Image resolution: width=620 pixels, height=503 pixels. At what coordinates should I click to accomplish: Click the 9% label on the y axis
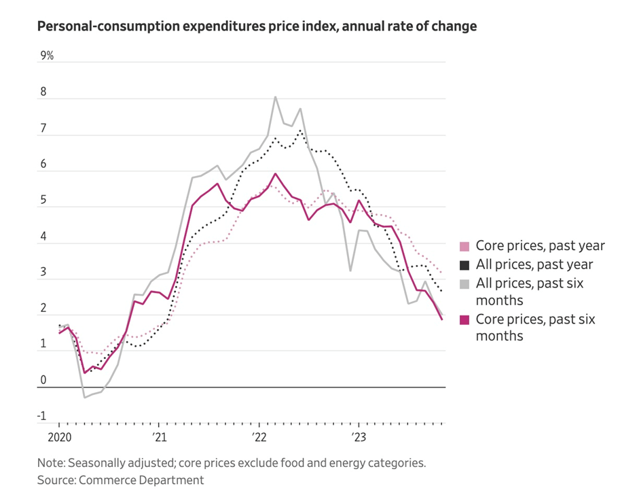point(47,56)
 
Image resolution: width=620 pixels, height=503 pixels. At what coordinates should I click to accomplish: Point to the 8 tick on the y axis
point(45,92)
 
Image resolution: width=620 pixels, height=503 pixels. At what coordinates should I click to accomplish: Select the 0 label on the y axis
point(44,380)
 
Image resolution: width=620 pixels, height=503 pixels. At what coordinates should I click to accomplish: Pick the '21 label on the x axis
point(158,436)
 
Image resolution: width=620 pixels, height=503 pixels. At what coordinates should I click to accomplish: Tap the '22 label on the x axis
point(259,436)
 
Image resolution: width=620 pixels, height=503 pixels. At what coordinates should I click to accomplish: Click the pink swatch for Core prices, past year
point(464,246)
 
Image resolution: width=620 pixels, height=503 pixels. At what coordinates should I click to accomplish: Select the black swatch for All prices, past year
point(464,264)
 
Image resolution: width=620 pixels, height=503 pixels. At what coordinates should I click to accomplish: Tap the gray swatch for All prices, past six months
point(464,283)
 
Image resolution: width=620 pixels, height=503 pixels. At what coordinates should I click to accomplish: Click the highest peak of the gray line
point(275,97)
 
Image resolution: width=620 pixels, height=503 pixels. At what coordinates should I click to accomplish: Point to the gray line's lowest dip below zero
point(84,397)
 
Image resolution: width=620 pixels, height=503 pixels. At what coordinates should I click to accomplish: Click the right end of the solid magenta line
point(443,319)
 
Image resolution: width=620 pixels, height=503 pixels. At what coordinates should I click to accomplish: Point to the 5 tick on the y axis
point(44,201)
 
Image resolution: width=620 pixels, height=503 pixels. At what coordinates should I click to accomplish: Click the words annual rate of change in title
point(414,27)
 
